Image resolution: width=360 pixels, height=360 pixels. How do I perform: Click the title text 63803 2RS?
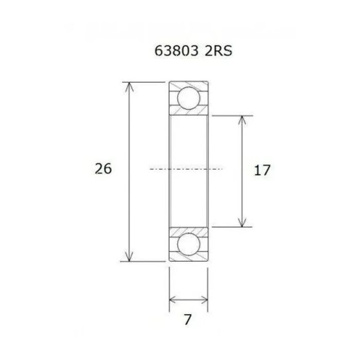(189, 52)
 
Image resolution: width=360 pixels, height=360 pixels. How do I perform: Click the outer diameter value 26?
(103, 169)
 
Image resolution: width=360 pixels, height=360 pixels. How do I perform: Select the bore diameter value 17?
(262, 170)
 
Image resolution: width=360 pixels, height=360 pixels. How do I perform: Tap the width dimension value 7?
(188, 320)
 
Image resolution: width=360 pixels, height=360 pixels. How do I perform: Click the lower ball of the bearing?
(188, 244)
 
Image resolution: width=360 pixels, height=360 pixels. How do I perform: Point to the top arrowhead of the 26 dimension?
(130, 85)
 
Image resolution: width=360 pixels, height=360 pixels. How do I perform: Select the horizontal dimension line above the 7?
(189, 299)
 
